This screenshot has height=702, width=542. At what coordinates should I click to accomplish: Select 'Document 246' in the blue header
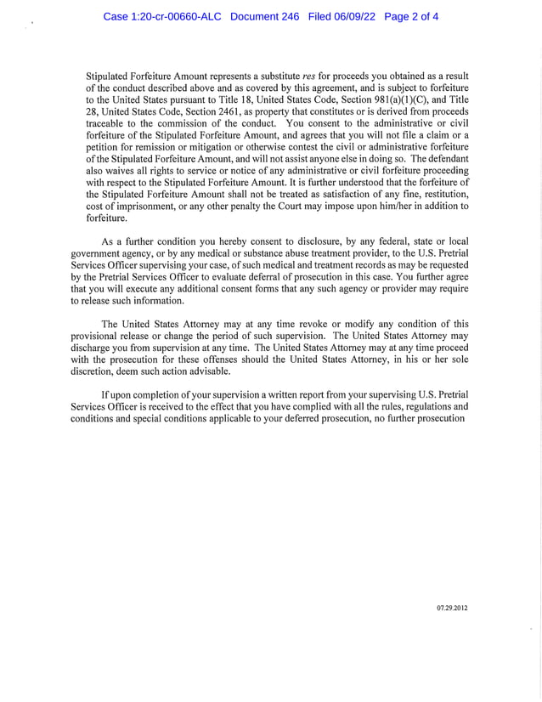265,17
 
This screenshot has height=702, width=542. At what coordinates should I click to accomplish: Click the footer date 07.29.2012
452,609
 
